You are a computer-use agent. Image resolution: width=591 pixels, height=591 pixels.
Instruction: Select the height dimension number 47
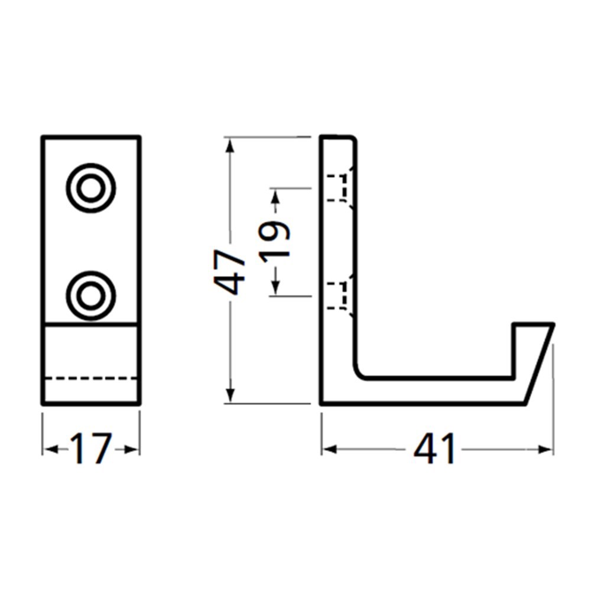(x=230, y=270)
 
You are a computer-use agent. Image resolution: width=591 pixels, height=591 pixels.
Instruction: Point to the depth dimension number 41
(x=435, y=450)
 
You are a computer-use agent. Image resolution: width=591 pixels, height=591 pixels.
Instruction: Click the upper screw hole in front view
(x=90, y=188)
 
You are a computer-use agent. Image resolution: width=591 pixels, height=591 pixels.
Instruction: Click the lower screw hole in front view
(x=90, y=295)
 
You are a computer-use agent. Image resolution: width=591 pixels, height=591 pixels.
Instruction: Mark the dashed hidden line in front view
(x=90, y=377)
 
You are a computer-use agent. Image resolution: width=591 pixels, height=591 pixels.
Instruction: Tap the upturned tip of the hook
(x=532, y=331)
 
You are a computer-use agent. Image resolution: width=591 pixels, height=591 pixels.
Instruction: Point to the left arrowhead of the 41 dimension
(x=328, y=450)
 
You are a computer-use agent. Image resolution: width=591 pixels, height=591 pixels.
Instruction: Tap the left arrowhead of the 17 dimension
(x=49, y=450)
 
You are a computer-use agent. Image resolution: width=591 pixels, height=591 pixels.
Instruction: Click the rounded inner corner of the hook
(x=361, y=372)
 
